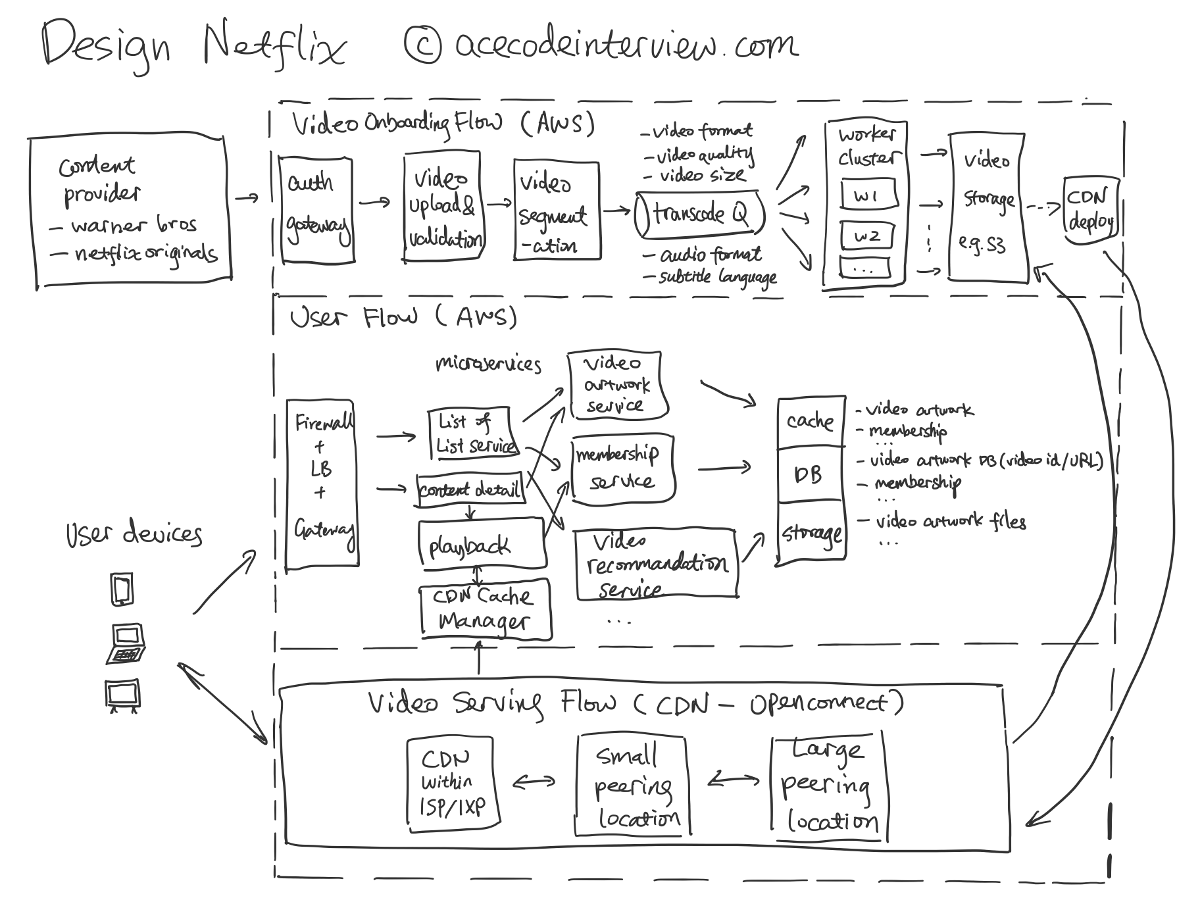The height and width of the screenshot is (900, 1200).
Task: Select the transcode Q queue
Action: click(699, 214)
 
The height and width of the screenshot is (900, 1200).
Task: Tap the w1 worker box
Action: click(866, 196)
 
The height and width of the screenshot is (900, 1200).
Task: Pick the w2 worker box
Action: click(866, 236)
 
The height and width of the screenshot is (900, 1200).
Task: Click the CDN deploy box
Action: click(1090, 210)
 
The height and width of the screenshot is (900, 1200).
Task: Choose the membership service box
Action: click(622, 468)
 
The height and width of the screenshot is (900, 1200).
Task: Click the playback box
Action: click(482, 543)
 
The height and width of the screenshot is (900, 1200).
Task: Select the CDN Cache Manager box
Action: click(486, 609)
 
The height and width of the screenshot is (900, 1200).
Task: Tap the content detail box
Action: click(470, 490)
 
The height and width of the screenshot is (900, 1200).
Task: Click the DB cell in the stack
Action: click(810, 475)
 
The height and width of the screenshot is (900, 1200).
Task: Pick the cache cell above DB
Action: click(810, 422)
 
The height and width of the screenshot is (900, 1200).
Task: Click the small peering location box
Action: click(632, 786)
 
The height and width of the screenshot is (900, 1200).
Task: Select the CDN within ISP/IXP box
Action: click(451, 782)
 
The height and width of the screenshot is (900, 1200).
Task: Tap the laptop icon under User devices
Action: click(126, 644)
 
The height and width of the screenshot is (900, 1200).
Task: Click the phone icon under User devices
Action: click(122, 589)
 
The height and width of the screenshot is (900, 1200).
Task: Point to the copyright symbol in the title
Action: click(422, 43)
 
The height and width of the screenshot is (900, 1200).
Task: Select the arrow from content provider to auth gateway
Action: click(247, 197)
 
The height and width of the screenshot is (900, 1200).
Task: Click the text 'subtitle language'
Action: click(718, 277)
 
